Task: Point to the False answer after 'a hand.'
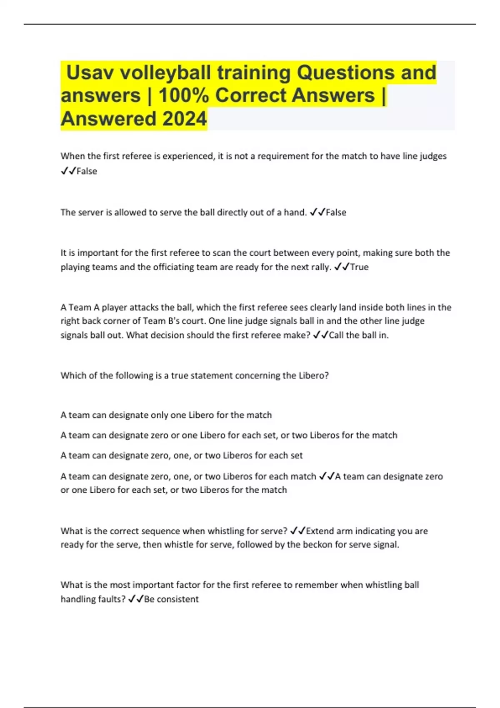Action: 336,212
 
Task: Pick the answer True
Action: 359,267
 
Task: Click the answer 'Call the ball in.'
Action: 359,335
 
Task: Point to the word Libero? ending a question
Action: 313,376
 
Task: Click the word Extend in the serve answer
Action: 320,531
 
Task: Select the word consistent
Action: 178,599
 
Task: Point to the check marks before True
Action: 342,267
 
